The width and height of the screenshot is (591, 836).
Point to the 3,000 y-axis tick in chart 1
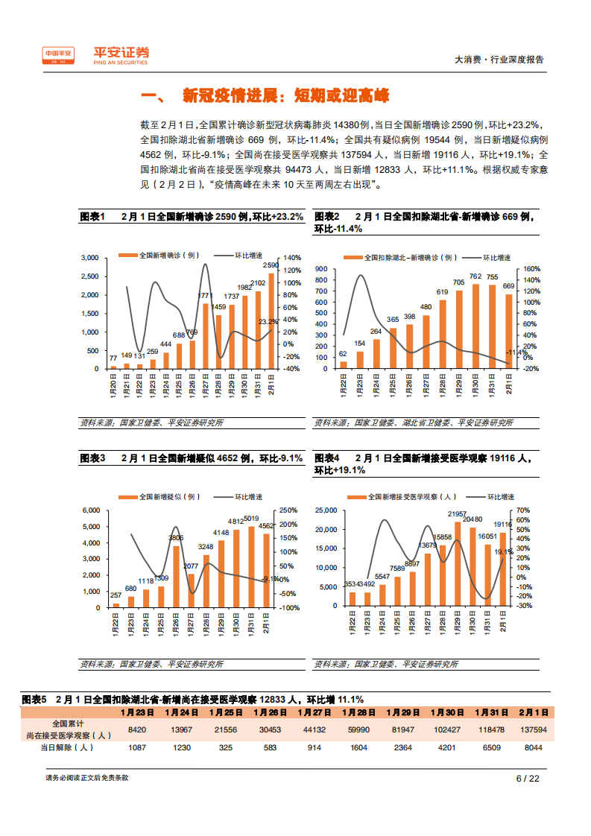(x=89, y=258)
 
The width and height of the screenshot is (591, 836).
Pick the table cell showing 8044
(x=534, y=747)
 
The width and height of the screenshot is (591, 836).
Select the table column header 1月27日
(x=316, y=712)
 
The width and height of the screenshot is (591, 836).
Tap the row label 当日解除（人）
(x=68, y=747)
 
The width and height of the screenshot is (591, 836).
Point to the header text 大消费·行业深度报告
(x=499, y=60)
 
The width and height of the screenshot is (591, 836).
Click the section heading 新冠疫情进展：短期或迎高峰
(x=286, y=96)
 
